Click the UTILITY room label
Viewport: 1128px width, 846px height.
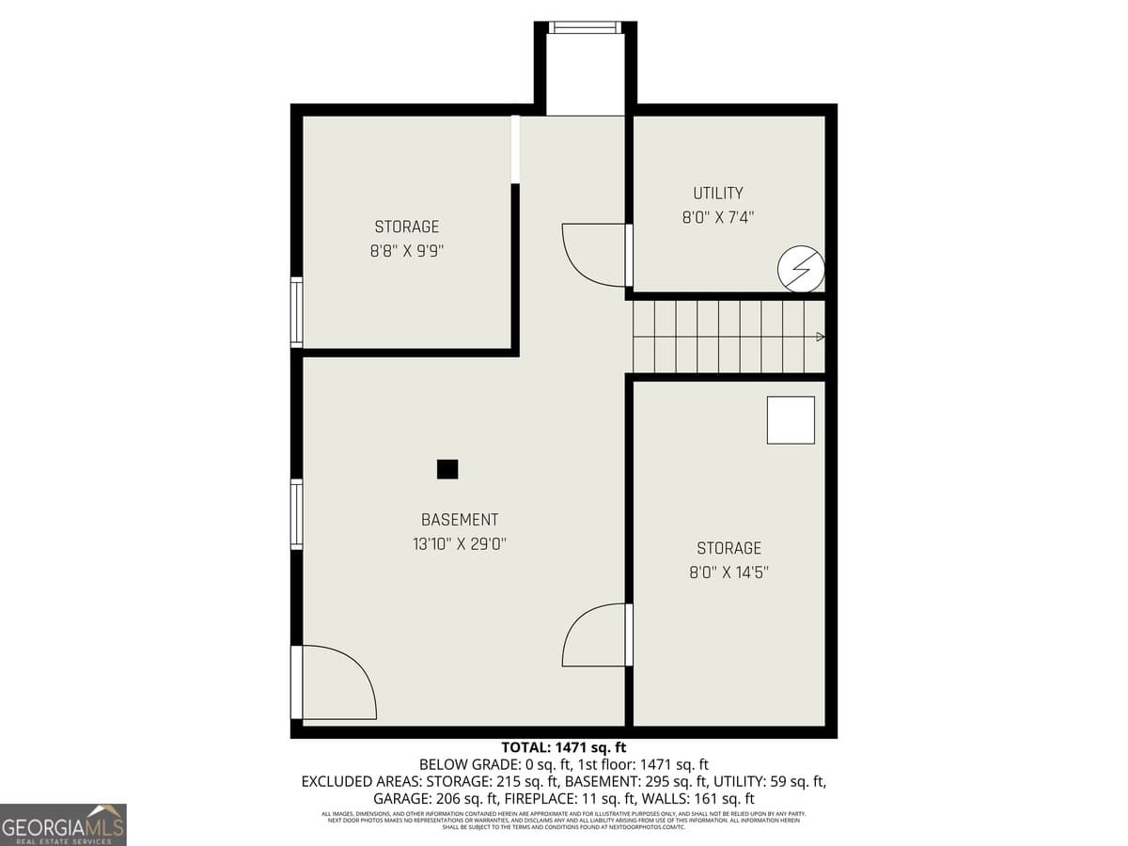[718, 193]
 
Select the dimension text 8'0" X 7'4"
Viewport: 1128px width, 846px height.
[718, 217]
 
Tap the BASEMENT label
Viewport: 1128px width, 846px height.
[460, 520]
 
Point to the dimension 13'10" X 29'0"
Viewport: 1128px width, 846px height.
[460, 543]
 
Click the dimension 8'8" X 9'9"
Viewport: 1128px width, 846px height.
[407, 251]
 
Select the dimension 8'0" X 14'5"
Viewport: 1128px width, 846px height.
[728, 572]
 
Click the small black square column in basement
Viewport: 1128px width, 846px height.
[447, 468]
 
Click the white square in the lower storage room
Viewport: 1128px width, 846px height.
[791, 420]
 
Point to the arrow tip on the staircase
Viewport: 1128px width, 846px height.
[821, 337]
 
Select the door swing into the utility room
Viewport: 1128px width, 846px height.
[594, 255]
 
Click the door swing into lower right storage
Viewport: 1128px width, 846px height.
[594, 635]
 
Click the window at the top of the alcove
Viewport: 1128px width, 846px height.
[585, 27]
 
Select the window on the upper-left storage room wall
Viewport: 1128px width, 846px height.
[297, 313]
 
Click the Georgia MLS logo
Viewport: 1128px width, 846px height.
[63, 824]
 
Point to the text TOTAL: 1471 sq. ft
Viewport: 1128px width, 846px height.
[563, 748]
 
